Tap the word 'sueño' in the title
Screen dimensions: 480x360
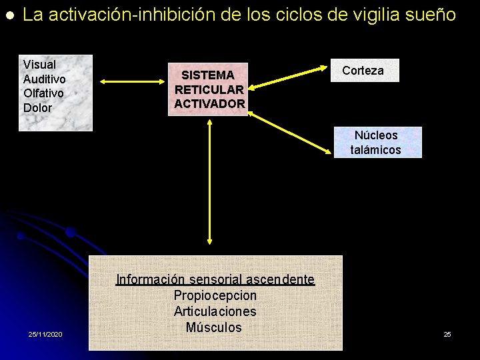click(x=435, y=15)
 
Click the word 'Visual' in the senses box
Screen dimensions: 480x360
click(x=39, y=65)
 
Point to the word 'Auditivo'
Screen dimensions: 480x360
click(x=44, y=79)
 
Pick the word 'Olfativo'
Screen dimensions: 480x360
click(x=43, y=93)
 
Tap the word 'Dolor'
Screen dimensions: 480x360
click(x=37, y=107)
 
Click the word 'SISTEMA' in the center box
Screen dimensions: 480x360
click(x=208, y=75)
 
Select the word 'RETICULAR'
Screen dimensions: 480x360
click(x=209, y=89)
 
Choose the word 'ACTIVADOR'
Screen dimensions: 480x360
click(x=209, y=103)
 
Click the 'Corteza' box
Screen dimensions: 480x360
click(x=363, y=71)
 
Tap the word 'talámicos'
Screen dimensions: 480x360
click(x=376, y=149)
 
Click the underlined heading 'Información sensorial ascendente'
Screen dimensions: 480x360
click(x=215, y=280)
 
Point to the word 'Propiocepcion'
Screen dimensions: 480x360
click(x=215, y=295)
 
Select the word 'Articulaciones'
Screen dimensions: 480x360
click(x=215, y=311)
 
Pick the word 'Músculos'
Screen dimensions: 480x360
click(x=214, y=327)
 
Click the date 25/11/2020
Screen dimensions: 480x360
click(x=45, y=333)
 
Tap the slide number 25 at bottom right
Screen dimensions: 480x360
click(x=447, y=333)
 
